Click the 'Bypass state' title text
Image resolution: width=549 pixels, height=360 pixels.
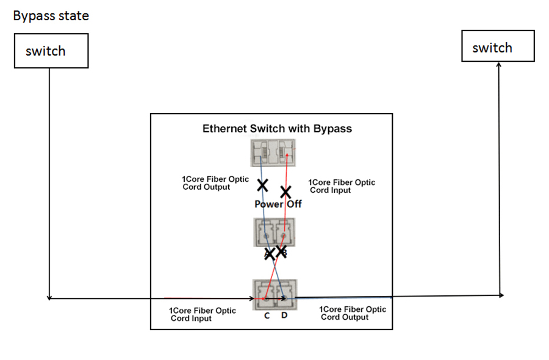(x=51, y=16)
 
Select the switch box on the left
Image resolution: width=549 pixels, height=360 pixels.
(x=51, y=51)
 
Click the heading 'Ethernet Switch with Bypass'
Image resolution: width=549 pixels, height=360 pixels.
(x=277, y=129)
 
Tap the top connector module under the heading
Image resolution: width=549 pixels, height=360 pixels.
(x=273, y=153)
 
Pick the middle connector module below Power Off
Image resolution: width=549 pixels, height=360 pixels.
(x=274, y=232)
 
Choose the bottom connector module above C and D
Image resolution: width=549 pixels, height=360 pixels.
(x=274, y=294)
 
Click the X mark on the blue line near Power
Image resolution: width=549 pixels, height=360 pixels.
(x=263, y=185)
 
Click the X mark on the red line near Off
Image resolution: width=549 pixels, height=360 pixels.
(x=285, y=191)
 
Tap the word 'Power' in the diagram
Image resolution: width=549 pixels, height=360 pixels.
(x=268, y=204)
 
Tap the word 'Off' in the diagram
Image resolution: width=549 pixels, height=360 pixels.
(x=295, y=204)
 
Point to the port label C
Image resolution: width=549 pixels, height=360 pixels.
(x=267, y=315)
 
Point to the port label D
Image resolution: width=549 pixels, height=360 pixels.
(x=284, y=315)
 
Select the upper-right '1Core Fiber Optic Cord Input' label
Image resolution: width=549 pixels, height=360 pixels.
(x=341, y=186)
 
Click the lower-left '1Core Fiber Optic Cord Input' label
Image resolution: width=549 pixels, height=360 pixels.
(x=203, y=314)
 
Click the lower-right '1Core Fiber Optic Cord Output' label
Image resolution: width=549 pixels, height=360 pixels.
(x=353, y=313)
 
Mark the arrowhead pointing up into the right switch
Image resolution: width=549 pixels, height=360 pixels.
(x=499, y=65)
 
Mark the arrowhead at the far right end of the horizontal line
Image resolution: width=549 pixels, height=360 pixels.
(x=501, y=295)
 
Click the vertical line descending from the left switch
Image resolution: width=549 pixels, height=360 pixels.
(x=48, y=183)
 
